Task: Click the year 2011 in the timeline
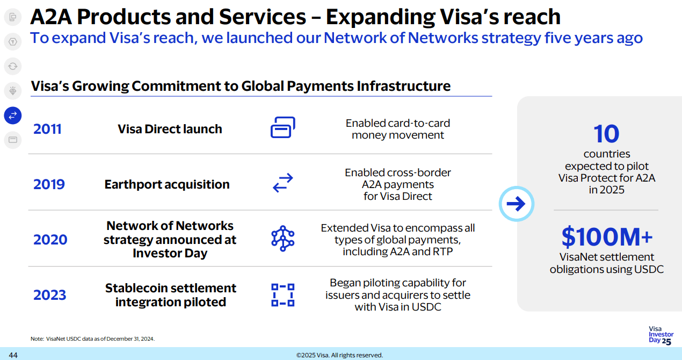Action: click(x=47, y=129)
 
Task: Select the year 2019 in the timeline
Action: click(x=49, y=184)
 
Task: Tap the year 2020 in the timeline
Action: click(x=49, y=240)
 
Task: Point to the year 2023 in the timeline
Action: click(x=49, y=295)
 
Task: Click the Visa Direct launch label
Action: click(x=170, y=129)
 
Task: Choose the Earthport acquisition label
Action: click(x=167, y=184)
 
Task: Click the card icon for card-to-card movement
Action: click(x=282, y=128)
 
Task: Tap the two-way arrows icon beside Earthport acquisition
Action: click(x=282, y=183)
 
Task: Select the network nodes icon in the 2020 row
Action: click(x=282, y=239)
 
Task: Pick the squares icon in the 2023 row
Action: click(x=282, y=295)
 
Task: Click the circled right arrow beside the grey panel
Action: click(x=516, y=204)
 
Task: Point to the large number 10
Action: click(x=606, y=134)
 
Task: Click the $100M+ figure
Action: click(x=607, y=236)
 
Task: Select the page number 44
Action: click(x=13, y=355)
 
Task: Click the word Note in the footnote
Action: click(x=37, y=339)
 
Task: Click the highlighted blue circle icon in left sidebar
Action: click(x=13, y=115)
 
